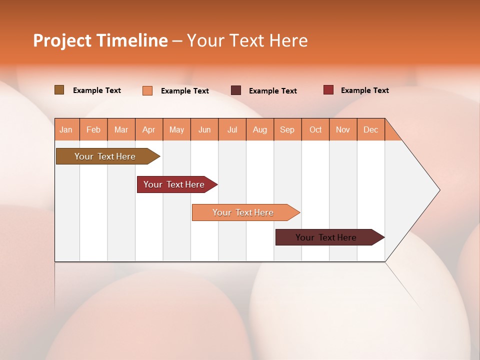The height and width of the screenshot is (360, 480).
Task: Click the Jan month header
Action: pyautogui.click(x=66, y=129)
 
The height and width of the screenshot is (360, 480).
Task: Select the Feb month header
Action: pyautogui.click(x=93, y=129)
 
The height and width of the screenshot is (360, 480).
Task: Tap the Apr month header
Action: pyautogui.click(x=148, y=129)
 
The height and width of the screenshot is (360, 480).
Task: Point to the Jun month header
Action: pyautogui.click(x=204, y=129)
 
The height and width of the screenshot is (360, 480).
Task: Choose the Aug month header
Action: pyautogui.click(x=259, y=129)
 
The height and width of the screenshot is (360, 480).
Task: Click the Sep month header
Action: pyautogui.click(x=287, y=129)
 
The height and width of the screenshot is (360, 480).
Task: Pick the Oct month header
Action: pyautogui.click(x=315, y=129)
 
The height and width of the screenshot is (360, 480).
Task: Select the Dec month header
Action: pyautogui.click(x=370, y=129)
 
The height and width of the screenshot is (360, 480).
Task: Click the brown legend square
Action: pyautogui.click(x=59, y=90)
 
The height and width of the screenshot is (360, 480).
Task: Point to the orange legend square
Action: pyautogui.click(x=147, y=90)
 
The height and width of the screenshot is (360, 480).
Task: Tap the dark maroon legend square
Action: pyautogui.click(x=236, y=90)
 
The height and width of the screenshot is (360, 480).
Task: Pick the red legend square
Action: pyautogui.click(x=328, y=90)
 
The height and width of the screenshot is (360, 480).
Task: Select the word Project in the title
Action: pyautogui.click(x=61, y=40)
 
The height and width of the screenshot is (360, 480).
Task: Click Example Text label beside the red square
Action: pyautogui.click(x=364, y=90)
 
